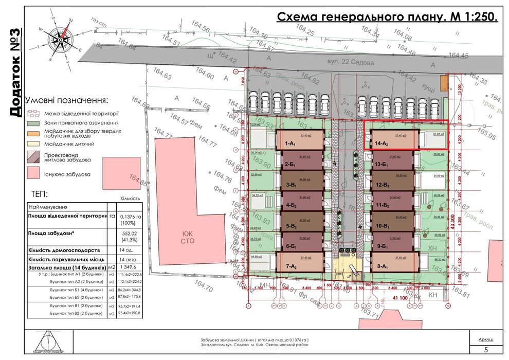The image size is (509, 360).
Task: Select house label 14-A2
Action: point(381,145)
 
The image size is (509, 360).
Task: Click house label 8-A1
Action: point(381,267)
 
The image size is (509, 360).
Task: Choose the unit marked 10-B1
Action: point(381,226)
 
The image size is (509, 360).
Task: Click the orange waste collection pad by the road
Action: point(443,82)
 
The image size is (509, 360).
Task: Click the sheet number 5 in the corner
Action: point(485,350)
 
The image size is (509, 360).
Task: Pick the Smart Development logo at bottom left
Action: point(50,342)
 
